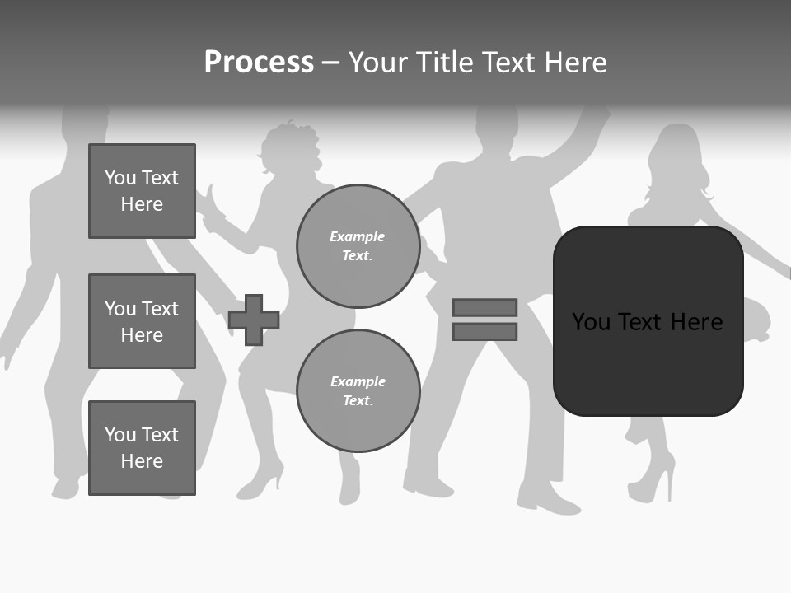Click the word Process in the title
[259, 63]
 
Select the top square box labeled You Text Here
[142, 191]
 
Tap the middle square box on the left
[142, 321]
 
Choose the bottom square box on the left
[142, 448]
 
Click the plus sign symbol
[254, 320]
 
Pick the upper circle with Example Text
[358, 245]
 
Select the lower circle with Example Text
[358, 390]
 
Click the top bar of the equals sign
[484, 307]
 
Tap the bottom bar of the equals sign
[484, 332]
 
